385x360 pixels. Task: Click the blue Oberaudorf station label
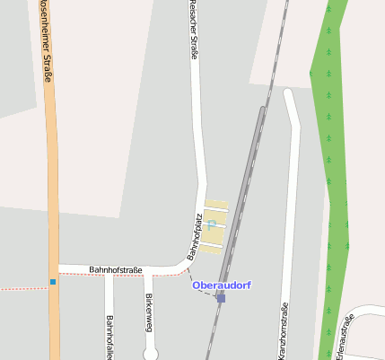[222, 285]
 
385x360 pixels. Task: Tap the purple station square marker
[221, 298]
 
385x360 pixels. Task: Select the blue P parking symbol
[211, 224]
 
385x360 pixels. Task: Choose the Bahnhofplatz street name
[194, 237]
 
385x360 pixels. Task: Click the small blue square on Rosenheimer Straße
[53, 283]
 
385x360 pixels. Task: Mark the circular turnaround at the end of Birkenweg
[151, 354]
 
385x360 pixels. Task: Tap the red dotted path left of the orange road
[22, 288]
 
